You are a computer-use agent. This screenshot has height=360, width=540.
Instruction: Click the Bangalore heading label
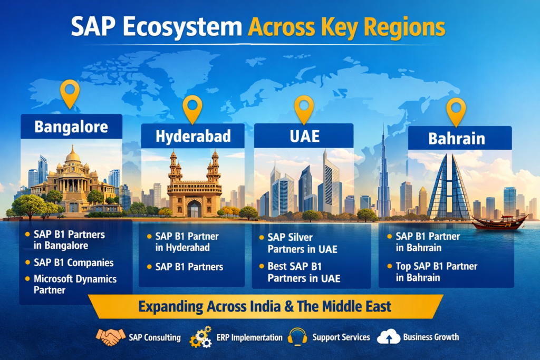coord(71,127)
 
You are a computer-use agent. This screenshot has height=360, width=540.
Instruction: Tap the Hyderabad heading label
coord(193,137)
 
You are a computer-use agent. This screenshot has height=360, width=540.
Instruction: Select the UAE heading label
coord(304,136)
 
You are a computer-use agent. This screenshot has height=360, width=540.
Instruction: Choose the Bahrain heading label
coord(457,139)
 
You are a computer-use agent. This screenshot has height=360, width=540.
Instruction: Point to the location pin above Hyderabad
coord(192,109)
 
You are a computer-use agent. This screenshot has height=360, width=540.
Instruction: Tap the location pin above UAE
coord(304,109)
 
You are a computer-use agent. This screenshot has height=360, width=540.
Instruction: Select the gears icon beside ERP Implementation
coord(200,337)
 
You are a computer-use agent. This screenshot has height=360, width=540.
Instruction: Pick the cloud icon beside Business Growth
coord(388,337)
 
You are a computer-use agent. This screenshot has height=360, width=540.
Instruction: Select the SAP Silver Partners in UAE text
coord(303,244)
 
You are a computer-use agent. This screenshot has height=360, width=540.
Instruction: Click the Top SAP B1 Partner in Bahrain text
coord(436,272)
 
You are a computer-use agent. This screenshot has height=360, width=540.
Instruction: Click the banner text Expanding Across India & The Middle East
coord(265,306)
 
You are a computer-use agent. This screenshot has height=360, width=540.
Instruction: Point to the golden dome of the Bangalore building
coord(73,155)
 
